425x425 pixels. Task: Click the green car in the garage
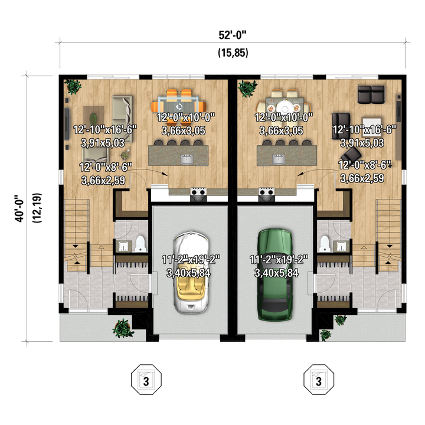pyautogui.click(x=276, y=275)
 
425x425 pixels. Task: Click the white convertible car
pyautogui.click(x=191, y=273)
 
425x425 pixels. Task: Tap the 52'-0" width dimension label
pyautogui.click(x=233, y=35)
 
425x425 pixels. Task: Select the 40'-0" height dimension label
pyautogui.click(x=19, y=208)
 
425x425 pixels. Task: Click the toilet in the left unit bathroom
pyautogui.click(x=140, y=243)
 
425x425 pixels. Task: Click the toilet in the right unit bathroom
pyautogui.click(x=325, y=243)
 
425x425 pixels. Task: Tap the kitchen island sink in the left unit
pyautogui.click(x=187, y=159)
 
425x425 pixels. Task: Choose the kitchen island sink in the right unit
pyautogui.click(x=279, y=159)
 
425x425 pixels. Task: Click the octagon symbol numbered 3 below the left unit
pyautogui.click(x=146, y=380)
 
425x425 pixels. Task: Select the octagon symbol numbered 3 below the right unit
pyautogui.click(x=319, y=380)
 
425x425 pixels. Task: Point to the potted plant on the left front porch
pyautogui.click(x=123, y=328)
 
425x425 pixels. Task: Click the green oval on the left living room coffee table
pyautogui.click(x=93, y=119)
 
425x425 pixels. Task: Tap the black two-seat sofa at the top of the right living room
pyautogui.click(x=371, y=94)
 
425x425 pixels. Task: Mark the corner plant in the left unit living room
pyautogui.click(x=73, y=86)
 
